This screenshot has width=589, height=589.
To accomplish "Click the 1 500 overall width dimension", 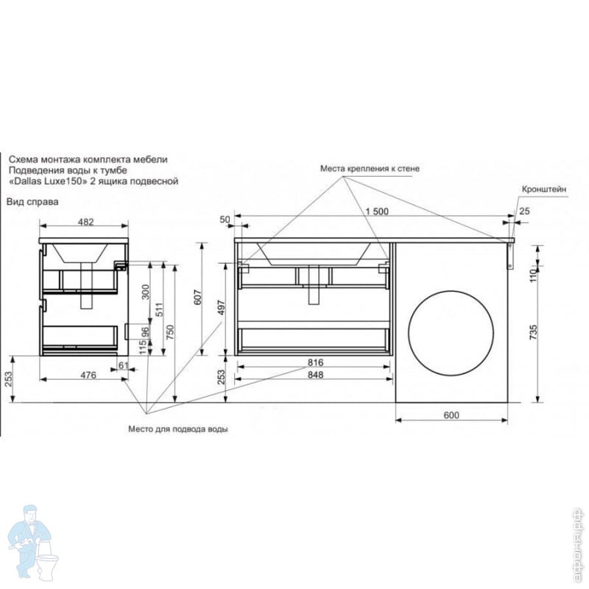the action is (x=377, y=211).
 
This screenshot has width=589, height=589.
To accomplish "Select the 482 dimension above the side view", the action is (x=85, y=222).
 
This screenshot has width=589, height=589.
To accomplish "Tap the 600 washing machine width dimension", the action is (x=451, y=415).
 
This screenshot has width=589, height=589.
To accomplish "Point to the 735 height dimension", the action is (x=533, y=333).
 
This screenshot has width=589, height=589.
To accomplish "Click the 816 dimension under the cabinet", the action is (x=315, y=362).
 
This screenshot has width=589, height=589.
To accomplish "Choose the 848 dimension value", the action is (x=315, y=375).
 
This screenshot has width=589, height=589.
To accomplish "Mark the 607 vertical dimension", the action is (x=198, y=297).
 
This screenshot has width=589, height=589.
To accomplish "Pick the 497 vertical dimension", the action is (x=222, y=308).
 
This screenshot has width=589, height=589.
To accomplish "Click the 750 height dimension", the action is (x=170, y=333).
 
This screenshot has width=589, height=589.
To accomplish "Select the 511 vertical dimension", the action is (x=159, y=309).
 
